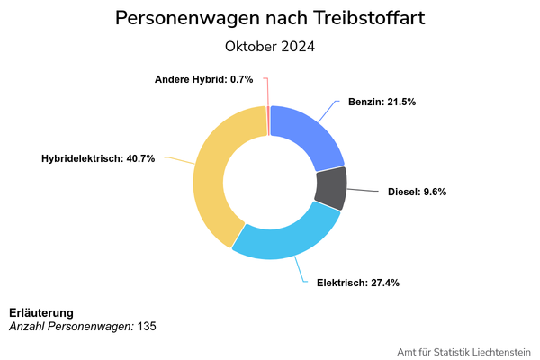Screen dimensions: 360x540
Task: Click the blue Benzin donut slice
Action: click(306, 136)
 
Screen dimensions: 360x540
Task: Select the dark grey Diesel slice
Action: click(330, 188)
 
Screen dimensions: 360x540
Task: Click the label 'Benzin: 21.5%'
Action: click(382, 103)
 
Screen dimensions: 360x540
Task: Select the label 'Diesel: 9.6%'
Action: click(417, 192)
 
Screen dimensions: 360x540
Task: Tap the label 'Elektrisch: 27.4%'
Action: click(357, 283)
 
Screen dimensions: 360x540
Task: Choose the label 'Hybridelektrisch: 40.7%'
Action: click(98, 158)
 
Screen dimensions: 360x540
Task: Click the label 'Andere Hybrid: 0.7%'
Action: click(203, 79)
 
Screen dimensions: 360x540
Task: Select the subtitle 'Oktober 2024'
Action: click(270, 46)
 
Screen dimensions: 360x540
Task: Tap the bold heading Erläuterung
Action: click(41, 312)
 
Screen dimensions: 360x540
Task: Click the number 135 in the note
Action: click(147, 326)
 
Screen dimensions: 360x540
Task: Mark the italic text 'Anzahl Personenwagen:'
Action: click(71, 326)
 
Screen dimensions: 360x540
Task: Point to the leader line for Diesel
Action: click(364, 190)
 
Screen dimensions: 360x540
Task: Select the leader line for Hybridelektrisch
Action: click(177, 161)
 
